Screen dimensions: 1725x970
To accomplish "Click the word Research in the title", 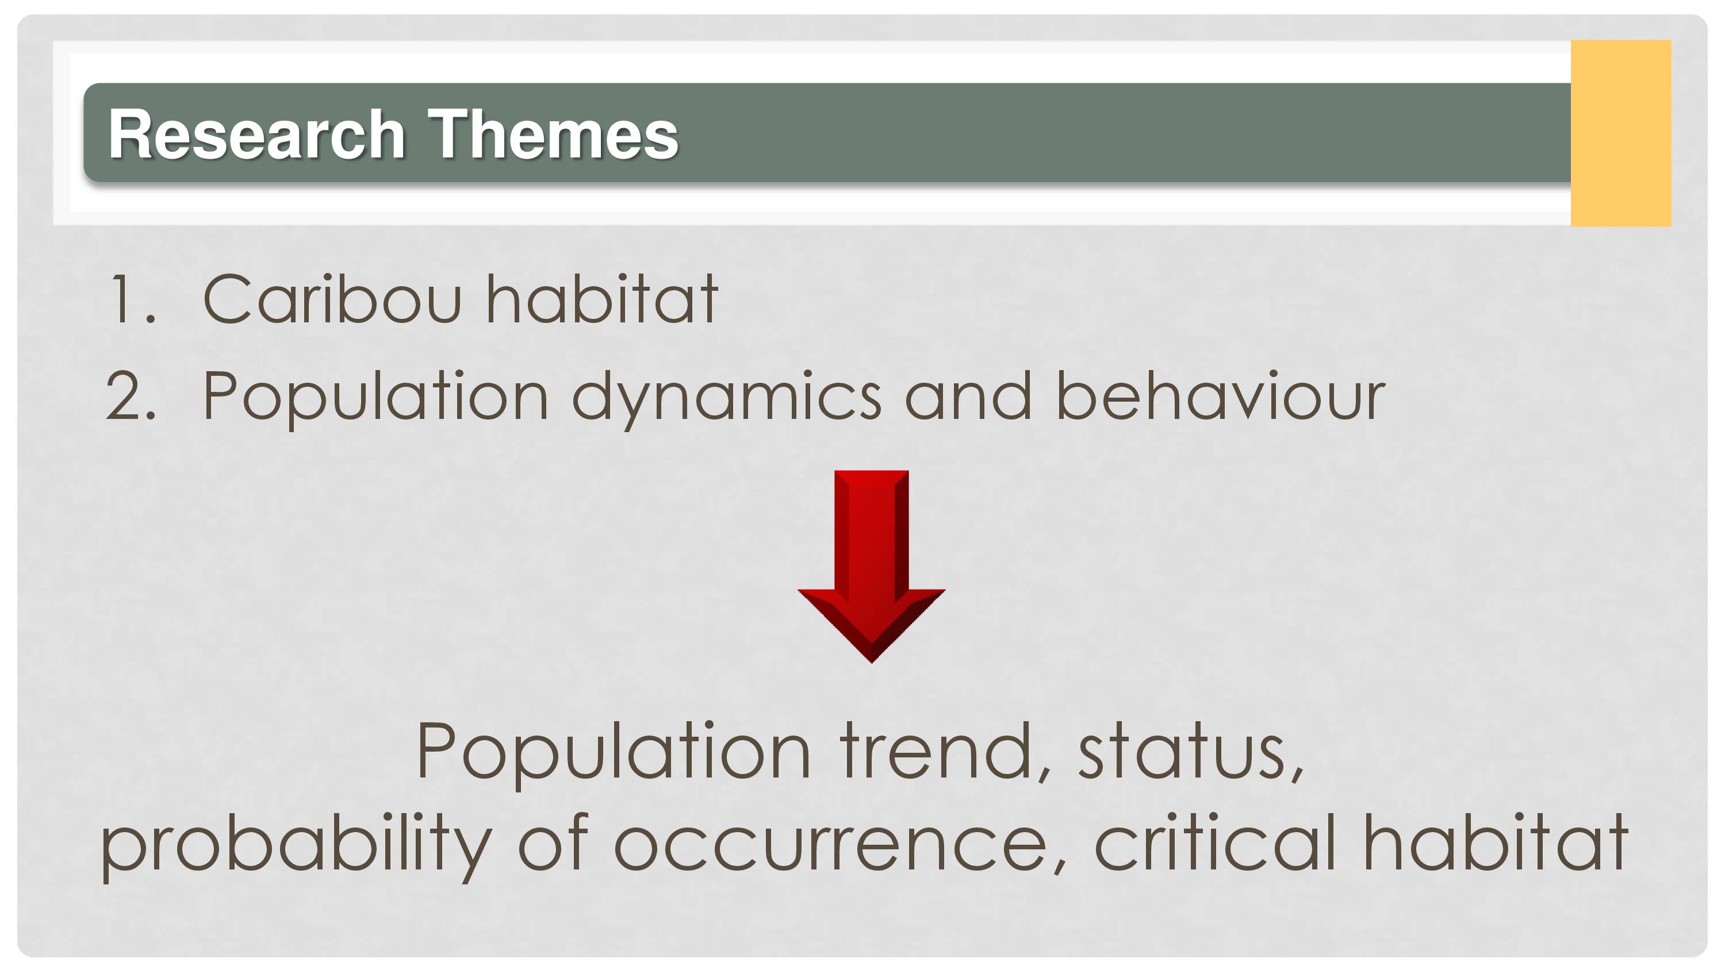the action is pos(257,134).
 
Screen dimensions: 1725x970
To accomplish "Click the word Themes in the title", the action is pos(553,134).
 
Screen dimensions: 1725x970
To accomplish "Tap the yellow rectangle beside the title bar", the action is pos(1620,133).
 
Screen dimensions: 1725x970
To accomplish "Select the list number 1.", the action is pos(132,299).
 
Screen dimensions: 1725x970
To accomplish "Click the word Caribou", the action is pos(332,299).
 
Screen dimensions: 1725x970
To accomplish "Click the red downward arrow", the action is pos(871,567).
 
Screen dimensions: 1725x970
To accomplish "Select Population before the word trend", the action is pos(614,755).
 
